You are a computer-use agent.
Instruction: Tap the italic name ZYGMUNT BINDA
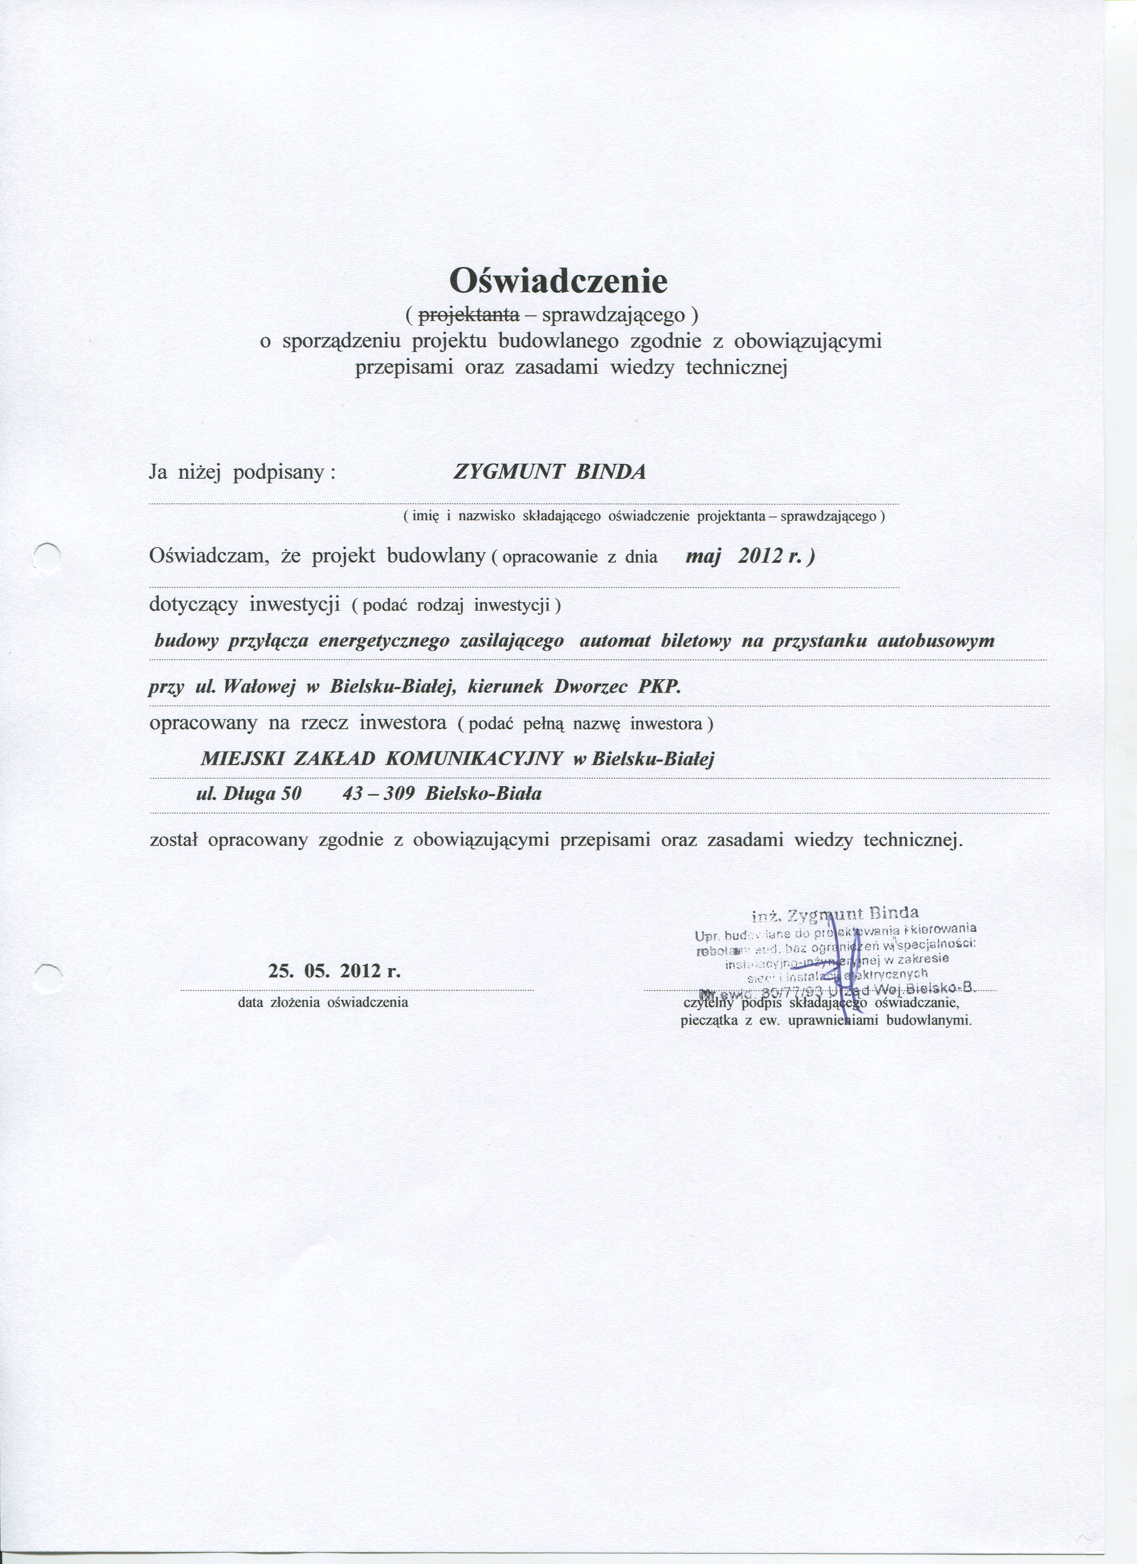[x=549, y=472]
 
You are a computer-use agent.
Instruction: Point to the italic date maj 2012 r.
[x=750, y=557]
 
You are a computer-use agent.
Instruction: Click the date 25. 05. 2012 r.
[x=334, y=972]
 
